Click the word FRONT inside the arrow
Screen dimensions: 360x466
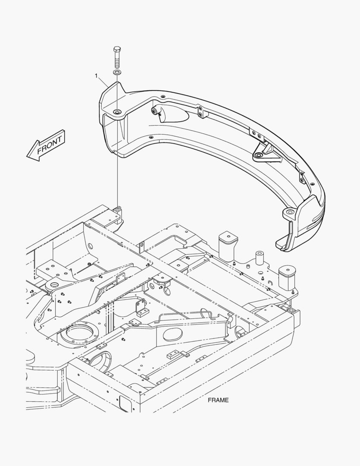tap(50, 144)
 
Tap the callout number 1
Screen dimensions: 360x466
tap(96, 76)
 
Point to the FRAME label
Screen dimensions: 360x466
tap(218, 400)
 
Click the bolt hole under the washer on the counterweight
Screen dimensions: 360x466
tap(117, 112)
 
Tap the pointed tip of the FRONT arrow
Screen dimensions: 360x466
tap(27, 155)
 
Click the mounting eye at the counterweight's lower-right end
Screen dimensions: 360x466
tap(289, 212)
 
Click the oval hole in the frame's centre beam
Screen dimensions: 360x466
tap(172, 334)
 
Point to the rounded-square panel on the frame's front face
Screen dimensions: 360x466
tap(124, 403)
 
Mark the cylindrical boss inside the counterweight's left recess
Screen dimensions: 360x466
tap(155, 111)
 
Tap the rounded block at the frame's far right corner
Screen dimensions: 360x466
tap(287, 277)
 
